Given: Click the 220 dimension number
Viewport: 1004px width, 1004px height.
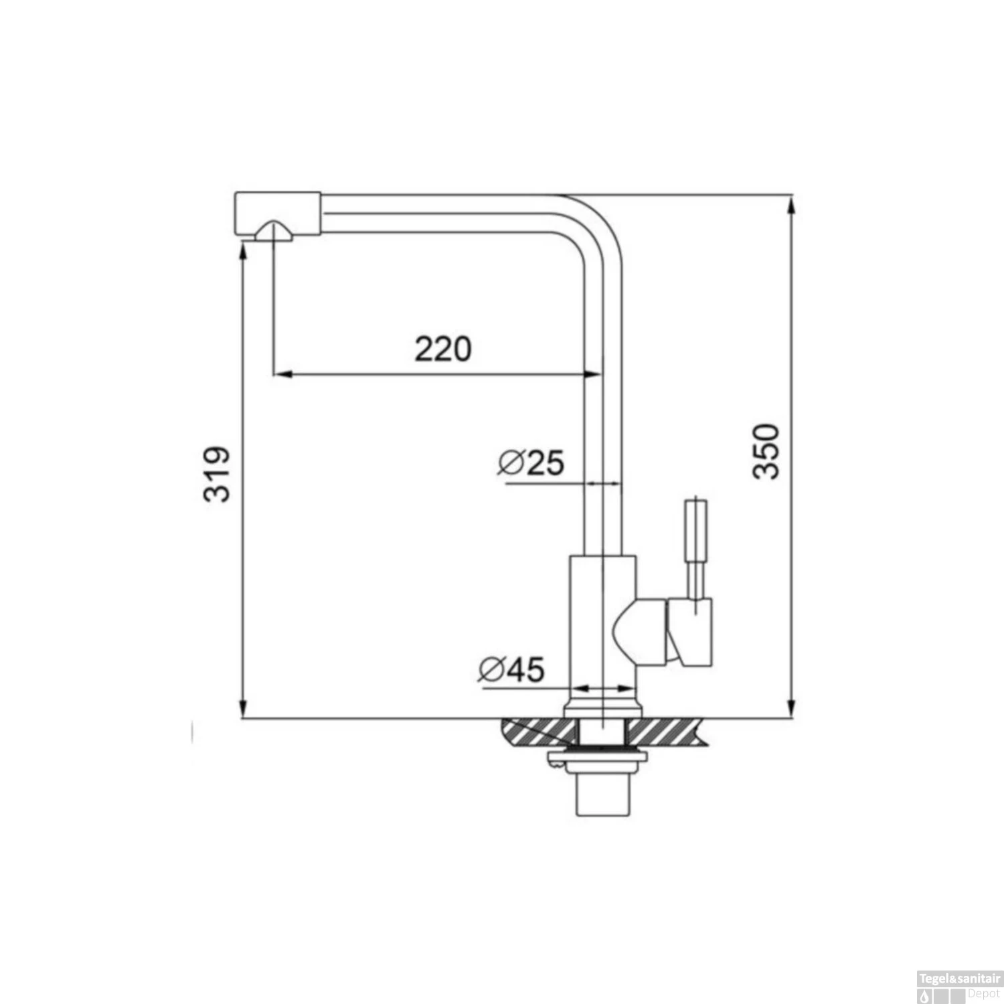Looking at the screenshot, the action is point(442,349).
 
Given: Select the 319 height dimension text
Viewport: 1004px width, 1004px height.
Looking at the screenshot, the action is point(216,473).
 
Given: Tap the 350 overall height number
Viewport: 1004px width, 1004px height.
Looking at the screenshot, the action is point(766,450).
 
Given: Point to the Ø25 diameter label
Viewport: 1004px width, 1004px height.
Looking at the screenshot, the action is point(531,463).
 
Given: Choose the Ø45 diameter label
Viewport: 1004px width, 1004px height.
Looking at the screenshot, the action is point(512,669).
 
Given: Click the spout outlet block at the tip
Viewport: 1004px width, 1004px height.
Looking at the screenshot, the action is point(277,214).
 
